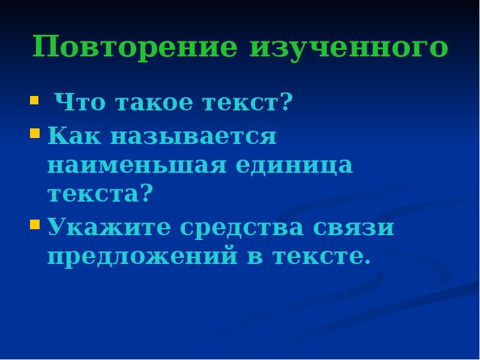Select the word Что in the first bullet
(74, 103)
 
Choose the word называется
(193, 136)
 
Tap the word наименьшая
(137, 165)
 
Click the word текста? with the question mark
(101, 194)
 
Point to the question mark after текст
(286, 103)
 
